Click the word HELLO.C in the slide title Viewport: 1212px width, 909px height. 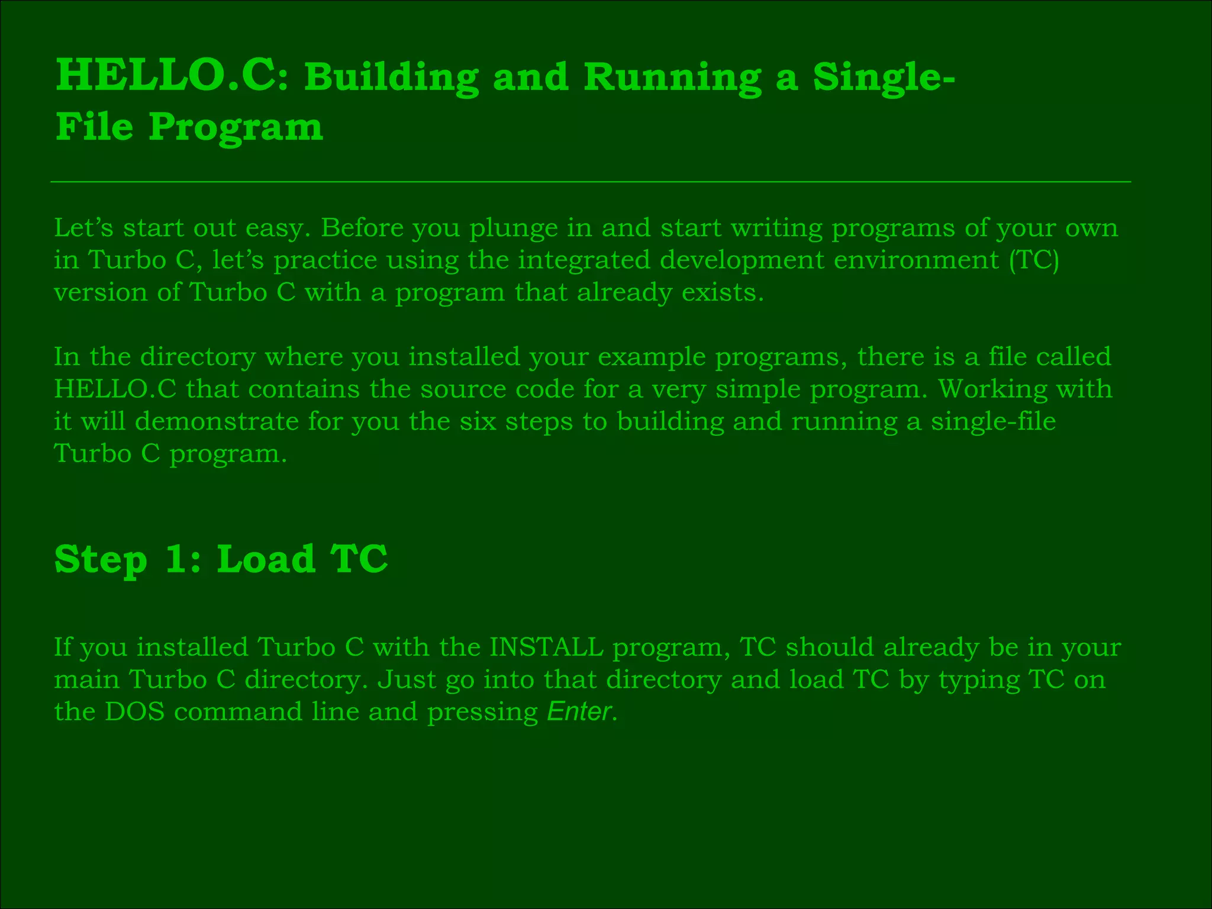click(x=166, y=77)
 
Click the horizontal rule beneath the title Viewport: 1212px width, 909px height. click(x=591, y=182)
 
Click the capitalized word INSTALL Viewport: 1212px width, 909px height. click(x=546, y=647)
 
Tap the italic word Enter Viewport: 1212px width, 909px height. click(x=579, y=711)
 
